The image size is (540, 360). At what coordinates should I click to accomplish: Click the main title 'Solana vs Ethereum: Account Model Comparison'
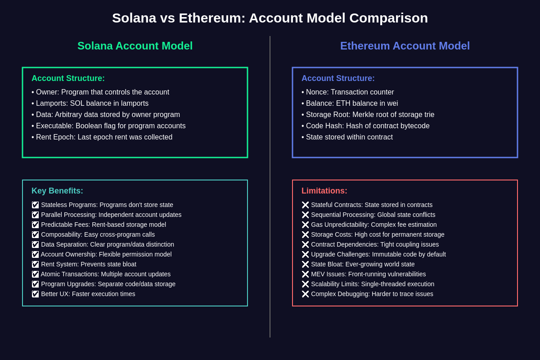pos(270,18)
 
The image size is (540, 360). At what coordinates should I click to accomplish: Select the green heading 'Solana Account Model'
pos(135,46)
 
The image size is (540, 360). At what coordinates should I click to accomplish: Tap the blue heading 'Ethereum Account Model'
pos(405,46)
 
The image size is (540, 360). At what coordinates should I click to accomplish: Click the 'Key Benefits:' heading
pos(57,191)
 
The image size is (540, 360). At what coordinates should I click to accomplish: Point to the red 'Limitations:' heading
pos(324,191)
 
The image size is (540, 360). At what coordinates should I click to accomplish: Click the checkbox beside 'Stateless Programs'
pos(35,205)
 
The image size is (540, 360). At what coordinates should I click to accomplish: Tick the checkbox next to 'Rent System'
pos(35,264)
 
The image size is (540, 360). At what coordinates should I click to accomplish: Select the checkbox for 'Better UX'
pos(35,294)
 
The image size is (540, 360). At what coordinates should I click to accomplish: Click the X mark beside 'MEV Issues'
pos(305,274)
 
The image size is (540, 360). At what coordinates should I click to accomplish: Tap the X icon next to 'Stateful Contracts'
pos(305,205)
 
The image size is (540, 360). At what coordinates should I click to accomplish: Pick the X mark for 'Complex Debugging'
pos(305,294)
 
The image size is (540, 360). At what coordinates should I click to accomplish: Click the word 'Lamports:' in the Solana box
pos(52,103)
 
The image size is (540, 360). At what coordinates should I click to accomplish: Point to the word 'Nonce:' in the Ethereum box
pos(317,92)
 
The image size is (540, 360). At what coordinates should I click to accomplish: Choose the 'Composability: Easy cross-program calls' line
pos(98,234)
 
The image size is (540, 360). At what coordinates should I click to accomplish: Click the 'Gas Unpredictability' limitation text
pos(373,225)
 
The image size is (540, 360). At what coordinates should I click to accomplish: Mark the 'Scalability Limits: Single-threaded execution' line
pos(372,284)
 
